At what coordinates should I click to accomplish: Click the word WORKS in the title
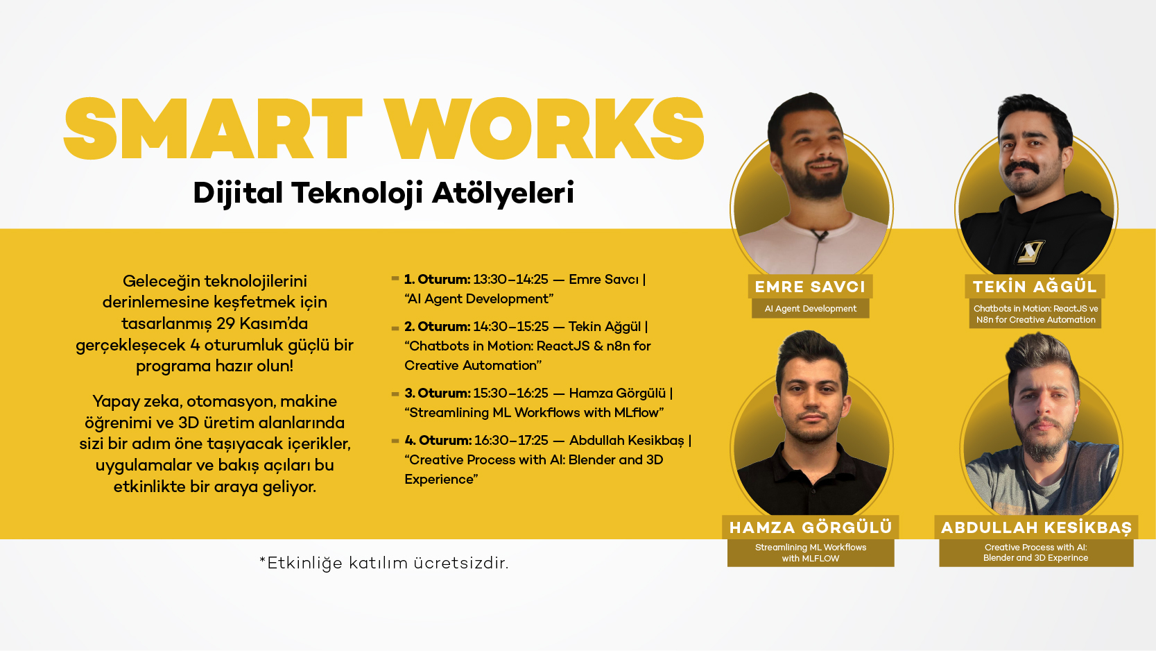[545, 130]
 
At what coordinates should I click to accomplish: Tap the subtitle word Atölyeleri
[503, 193]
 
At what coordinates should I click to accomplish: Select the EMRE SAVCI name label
[810, 287]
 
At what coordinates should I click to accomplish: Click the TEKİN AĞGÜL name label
[1035, 287]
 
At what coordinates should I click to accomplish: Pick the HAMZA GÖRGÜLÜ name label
[811, 527]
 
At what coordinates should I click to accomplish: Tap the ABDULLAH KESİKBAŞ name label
[1036, 527]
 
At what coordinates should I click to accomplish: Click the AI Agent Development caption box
[810, 309]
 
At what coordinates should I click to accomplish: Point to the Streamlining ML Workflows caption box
[811, 552]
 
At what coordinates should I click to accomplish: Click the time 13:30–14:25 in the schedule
[510, 280]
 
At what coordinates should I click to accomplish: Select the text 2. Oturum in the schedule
[437, 327]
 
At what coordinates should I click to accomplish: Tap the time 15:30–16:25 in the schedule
[510, 394]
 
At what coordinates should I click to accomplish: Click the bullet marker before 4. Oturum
[395, 441]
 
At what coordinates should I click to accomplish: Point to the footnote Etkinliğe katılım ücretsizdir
[384, 563]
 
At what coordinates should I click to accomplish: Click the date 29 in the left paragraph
[225, 323]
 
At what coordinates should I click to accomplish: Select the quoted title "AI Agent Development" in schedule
[479, 299]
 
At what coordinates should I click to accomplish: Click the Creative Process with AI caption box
[1036, 552]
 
